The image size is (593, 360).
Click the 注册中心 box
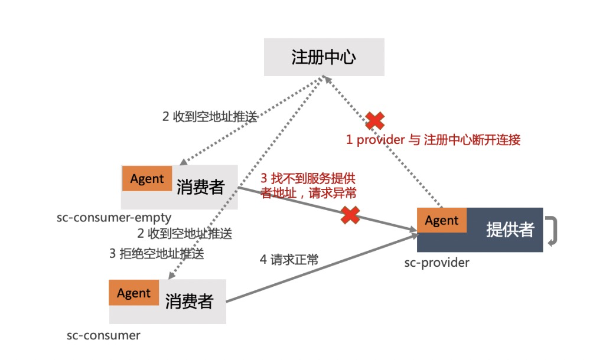click(x=324, y=57)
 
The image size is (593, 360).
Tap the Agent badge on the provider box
click(x=442, y=221)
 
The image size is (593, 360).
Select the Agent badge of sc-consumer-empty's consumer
click(x=147, y=179)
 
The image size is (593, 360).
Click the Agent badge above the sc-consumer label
click(x=134, y=293)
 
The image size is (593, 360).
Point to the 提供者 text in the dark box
click(x=509, y=230)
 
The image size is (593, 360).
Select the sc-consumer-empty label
click(x=114, y=218)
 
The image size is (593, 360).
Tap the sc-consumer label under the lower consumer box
click(x=103, y=335)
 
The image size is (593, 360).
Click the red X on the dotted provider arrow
click(x=375, y=121)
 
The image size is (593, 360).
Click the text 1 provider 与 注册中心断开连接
click(x=433, y=140)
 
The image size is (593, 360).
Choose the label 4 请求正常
click(x=289, y=259)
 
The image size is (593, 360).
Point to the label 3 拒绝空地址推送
click(x=157, y=254)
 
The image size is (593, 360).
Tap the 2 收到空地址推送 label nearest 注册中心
click(x=210, y=116)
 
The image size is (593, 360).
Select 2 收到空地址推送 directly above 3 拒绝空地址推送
click(x=184, y=233)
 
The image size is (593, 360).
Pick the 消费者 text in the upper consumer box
click(x=201, y=187)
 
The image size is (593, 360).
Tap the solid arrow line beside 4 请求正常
click(x=319, y=269)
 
